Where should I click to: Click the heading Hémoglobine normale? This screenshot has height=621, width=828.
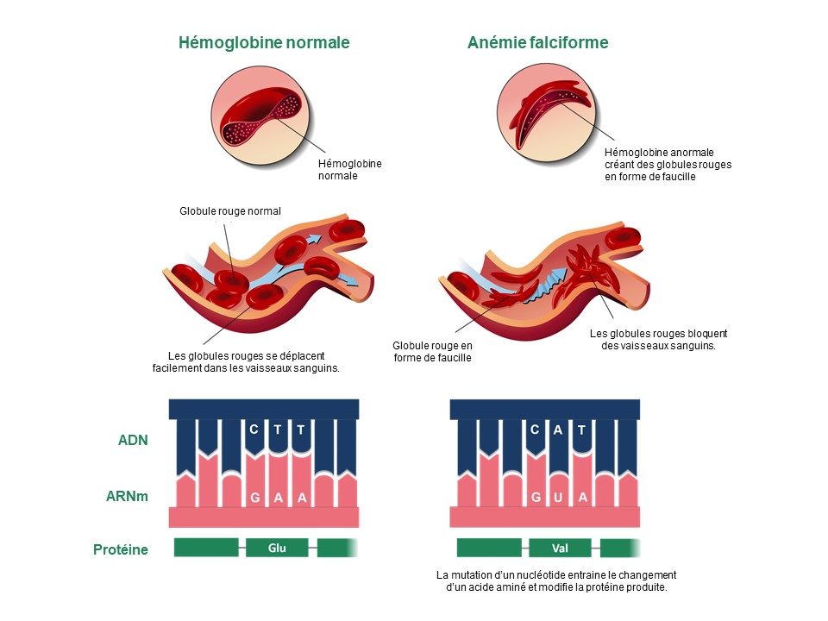[264, 42]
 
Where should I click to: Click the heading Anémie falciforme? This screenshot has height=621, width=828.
[538, 42]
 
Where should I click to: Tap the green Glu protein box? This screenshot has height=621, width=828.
[277, 548]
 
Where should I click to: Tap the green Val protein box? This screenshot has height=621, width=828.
[559, 548]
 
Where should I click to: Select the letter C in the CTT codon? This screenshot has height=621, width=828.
[254, 429]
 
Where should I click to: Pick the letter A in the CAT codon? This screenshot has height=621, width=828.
[558, 429]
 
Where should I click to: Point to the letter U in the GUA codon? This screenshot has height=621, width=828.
[558, 498]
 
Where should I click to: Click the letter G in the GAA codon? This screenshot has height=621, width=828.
[254, 498]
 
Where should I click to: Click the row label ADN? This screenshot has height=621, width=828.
[133, 440]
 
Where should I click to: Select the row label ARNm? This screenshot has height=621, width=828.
[129, 498]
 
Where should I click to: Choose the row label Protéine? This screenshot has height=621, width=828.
[121, 549]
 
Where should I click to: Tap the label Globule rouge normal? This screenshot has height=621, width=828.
[230, 210]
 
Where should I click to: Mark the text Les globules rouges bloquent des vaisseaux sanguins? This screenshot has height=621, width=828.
[659, 339]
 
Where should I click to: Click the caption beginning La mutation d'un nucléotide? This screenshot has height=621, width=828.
[556, 581]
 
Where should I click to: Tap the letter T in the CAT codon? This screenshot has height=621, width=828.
[582, 429]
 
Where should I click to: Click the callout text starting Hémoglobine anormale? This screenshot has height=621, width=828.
[668, 164]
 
